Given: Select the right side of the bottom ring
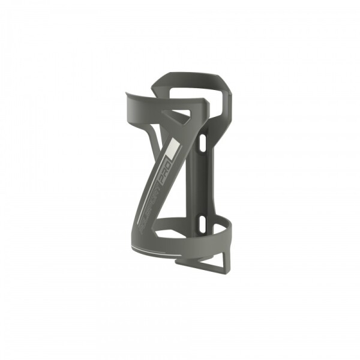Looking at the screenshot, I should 228,230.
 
